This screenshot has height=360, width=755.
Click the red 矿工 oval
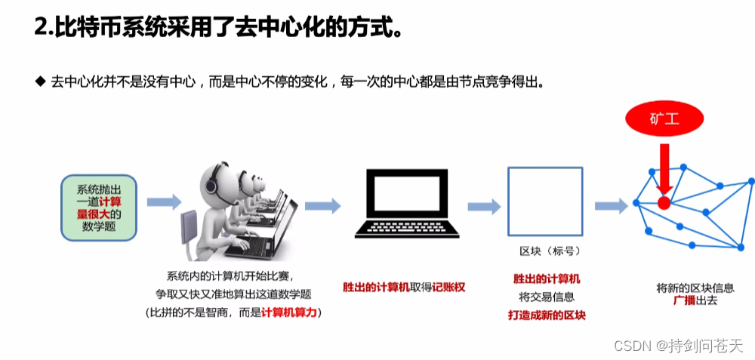(664, 118)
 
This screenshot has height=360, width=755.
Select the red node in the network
(664, 202)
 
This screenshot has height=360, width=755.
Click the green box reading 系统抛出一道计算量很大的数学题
(99, 208)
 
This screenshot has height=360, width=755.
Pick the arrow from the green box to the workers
(164, 202)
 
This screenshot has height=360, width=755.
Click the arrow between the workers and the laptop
(322, 205)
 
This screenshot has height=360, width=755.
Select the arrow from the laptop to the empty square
(484, 207)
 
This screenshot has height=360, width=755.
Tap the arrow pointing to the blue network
(611, 206)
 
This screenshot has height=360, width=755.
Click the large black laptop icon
(407, 203)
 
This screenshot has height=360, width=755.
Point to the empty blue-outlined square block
(545, 202)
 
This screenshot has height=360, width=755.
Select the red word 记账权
(448, 288)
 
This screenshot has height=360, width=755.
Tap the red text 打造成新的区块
(547, 315)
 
